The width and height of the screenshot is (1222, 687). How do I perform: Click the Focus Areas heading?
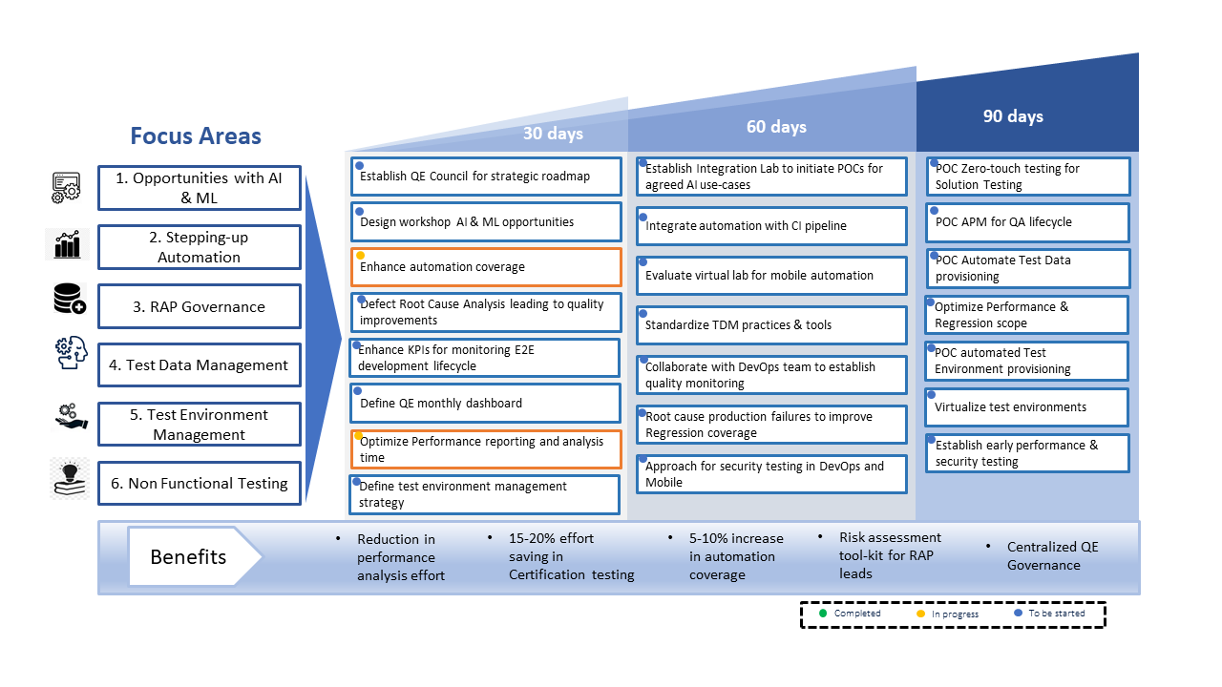(196, 135)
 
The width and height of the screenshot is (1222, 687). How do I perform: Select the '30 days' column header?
(553, 133)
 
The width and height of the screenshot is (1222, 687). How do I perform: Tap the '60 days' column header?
(776, 127)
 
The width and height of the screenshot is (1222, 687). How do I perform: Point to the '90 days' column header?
(1013, 116)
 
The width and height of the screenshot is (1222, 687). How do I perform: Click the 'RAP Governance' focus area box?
(200, 306)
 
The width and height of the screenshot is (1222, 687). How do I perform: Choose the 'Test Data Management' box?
(200, 364)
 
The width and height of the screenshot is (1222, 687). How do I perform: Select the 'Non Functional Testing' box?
(200, 483)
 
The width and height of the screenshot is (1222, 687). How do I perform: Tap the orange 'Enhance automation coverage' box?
(486, 266)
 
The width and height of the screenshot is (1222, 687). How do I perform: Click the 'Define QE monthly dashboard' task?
(485, 403)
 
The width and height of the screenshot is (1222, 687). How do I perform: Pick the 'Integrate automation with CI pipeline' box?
(771, 226)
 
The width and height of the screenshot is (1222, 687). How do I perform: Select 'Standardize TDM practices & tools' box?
(771, 325)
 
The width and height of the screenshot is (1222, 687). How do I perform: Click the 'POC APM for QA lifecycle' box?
(1028, 222)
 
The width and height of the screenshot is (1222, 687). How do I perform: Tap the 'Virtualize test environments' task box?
(1026, 407)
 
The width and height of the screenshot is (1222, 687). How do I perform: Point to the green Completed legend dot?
(823, 614)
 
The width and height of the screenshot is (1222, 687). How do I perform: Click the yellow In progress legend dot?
(921, 614)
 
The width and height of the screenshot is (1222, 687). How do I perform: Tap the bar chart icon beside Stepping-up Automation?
(67, 244)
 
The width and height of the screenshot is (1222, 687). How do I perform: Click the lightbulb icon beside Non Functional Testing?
(70, 479)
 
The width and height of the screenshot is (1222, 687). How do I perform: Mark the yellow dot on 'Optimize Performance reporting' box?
(358, 436)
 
